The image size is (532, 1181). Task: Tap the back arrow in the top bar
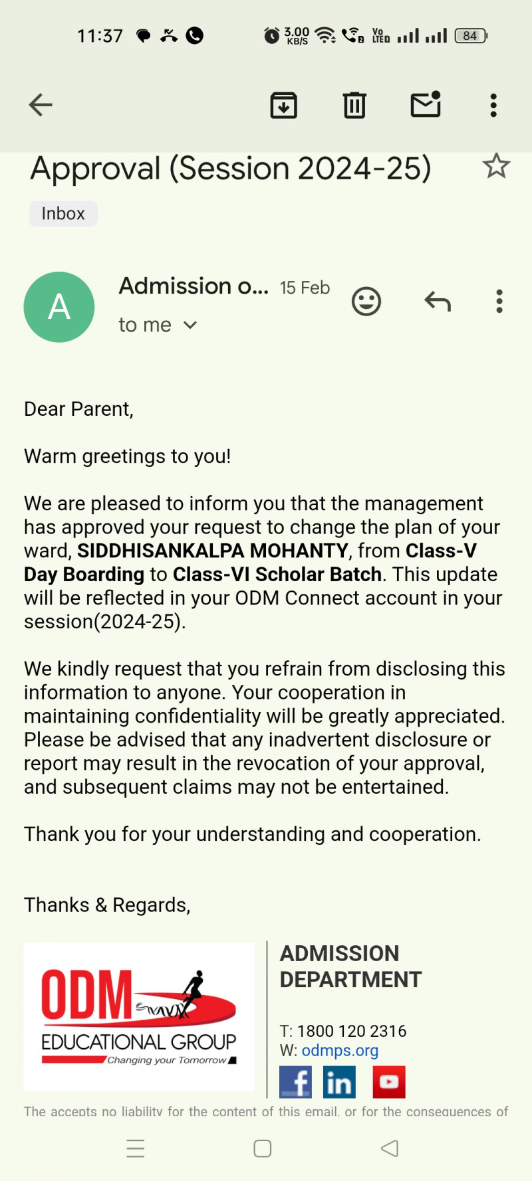41,105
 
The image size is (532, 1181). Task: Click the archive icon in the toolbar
283,105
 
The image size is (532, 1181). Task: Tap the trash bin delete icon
354,105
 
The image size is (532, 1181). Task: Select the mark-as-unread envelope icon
426,104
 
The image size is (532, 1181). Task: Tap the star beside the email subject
496,166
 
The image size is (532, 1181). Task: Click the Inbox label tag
63,214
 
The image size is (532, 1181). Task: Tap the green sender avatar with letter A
59,307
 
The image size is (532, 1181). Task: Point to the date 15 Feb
305,288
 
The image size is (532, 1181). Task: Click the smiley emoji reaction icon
366,302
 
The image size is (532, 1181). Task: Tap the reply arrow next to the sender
438,302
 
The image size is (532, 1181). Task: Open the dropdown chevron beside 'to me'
190,325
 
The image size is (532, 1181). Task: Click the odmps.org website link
340,1050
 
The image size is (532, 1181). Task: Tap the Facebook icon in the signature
296,1082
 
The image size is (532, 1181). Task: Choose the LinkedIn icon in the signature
339,1082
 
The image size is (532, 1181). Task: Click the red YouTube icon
388,1082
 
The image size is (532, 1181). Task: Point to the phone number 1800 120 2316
351,1031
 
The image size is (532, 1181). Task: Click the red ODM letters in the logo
86,994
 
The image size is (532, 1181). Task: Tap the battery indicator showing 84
471,36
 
